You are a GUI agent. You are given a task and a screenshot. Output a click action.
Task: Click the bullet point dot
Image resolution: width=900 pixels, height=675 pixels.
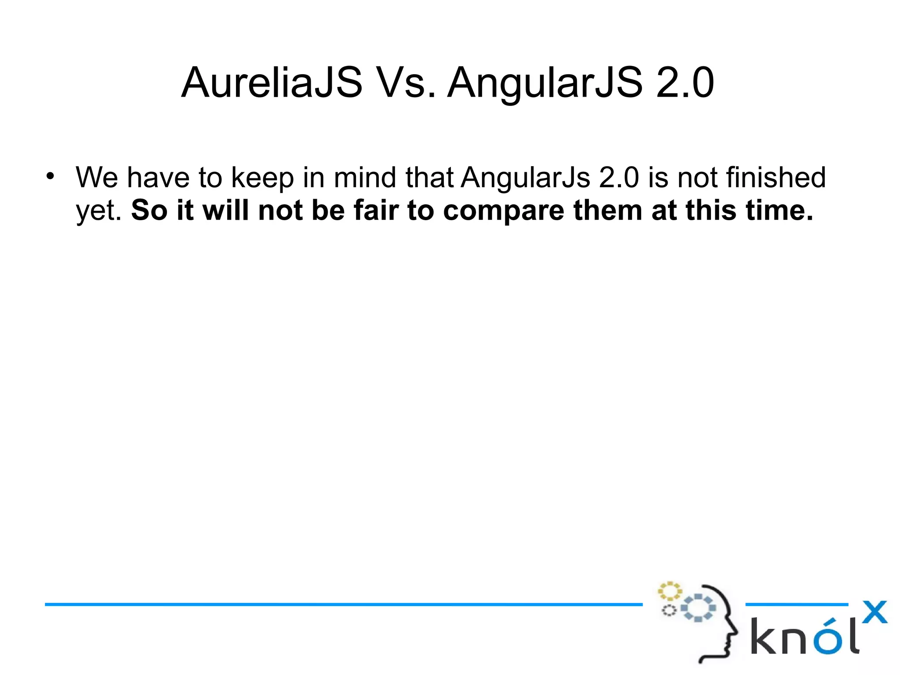(x=51, y=177)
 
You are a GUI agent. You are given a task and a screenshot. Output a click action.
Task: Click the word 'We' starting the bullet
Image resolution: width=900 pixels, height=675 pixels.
(x=97, y=178)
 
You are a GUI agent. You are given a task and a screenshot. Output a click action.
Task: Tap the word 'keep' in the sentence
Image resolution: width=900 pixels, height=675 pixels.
(x=262, y=178)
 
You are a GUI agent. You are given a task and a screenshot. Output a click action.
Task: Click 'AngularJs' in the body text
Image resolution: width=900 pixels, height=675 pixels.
(x=526, y=178)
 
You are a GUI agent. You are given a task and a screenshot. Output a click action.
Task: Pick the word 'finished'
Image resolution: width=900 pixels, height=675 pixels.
(x=776, y=178)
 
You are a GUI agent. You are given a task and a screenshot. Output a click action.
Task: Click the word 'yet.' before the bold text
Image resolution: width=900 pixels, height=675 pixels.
(x=99, y=211)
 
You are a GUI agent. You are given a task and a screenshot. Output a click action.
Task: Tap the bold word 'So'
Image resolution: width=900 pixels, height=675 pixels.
(x=149, y=210)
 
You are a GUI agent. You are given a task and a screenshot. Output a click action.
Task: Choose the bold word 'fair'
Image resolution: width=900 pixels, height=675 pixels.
(x=377, y=210)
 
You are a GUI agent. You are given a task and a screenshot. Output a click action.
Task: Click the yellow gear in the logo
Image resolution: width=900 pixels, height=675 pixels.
(x=669, y=591)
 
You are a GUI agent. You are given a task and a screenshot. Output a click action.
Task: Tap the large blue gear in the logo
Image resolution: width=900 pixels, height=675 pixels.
(x=698, y=608)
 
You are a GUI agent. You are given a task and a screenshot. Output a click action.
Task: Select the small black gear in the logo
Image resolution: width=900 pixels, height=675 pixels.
(x=669, y=610)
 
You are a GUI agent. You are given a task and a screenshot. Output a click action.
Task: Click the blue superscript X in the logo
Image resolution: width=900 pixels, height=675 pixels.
(x=875, y=612)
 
